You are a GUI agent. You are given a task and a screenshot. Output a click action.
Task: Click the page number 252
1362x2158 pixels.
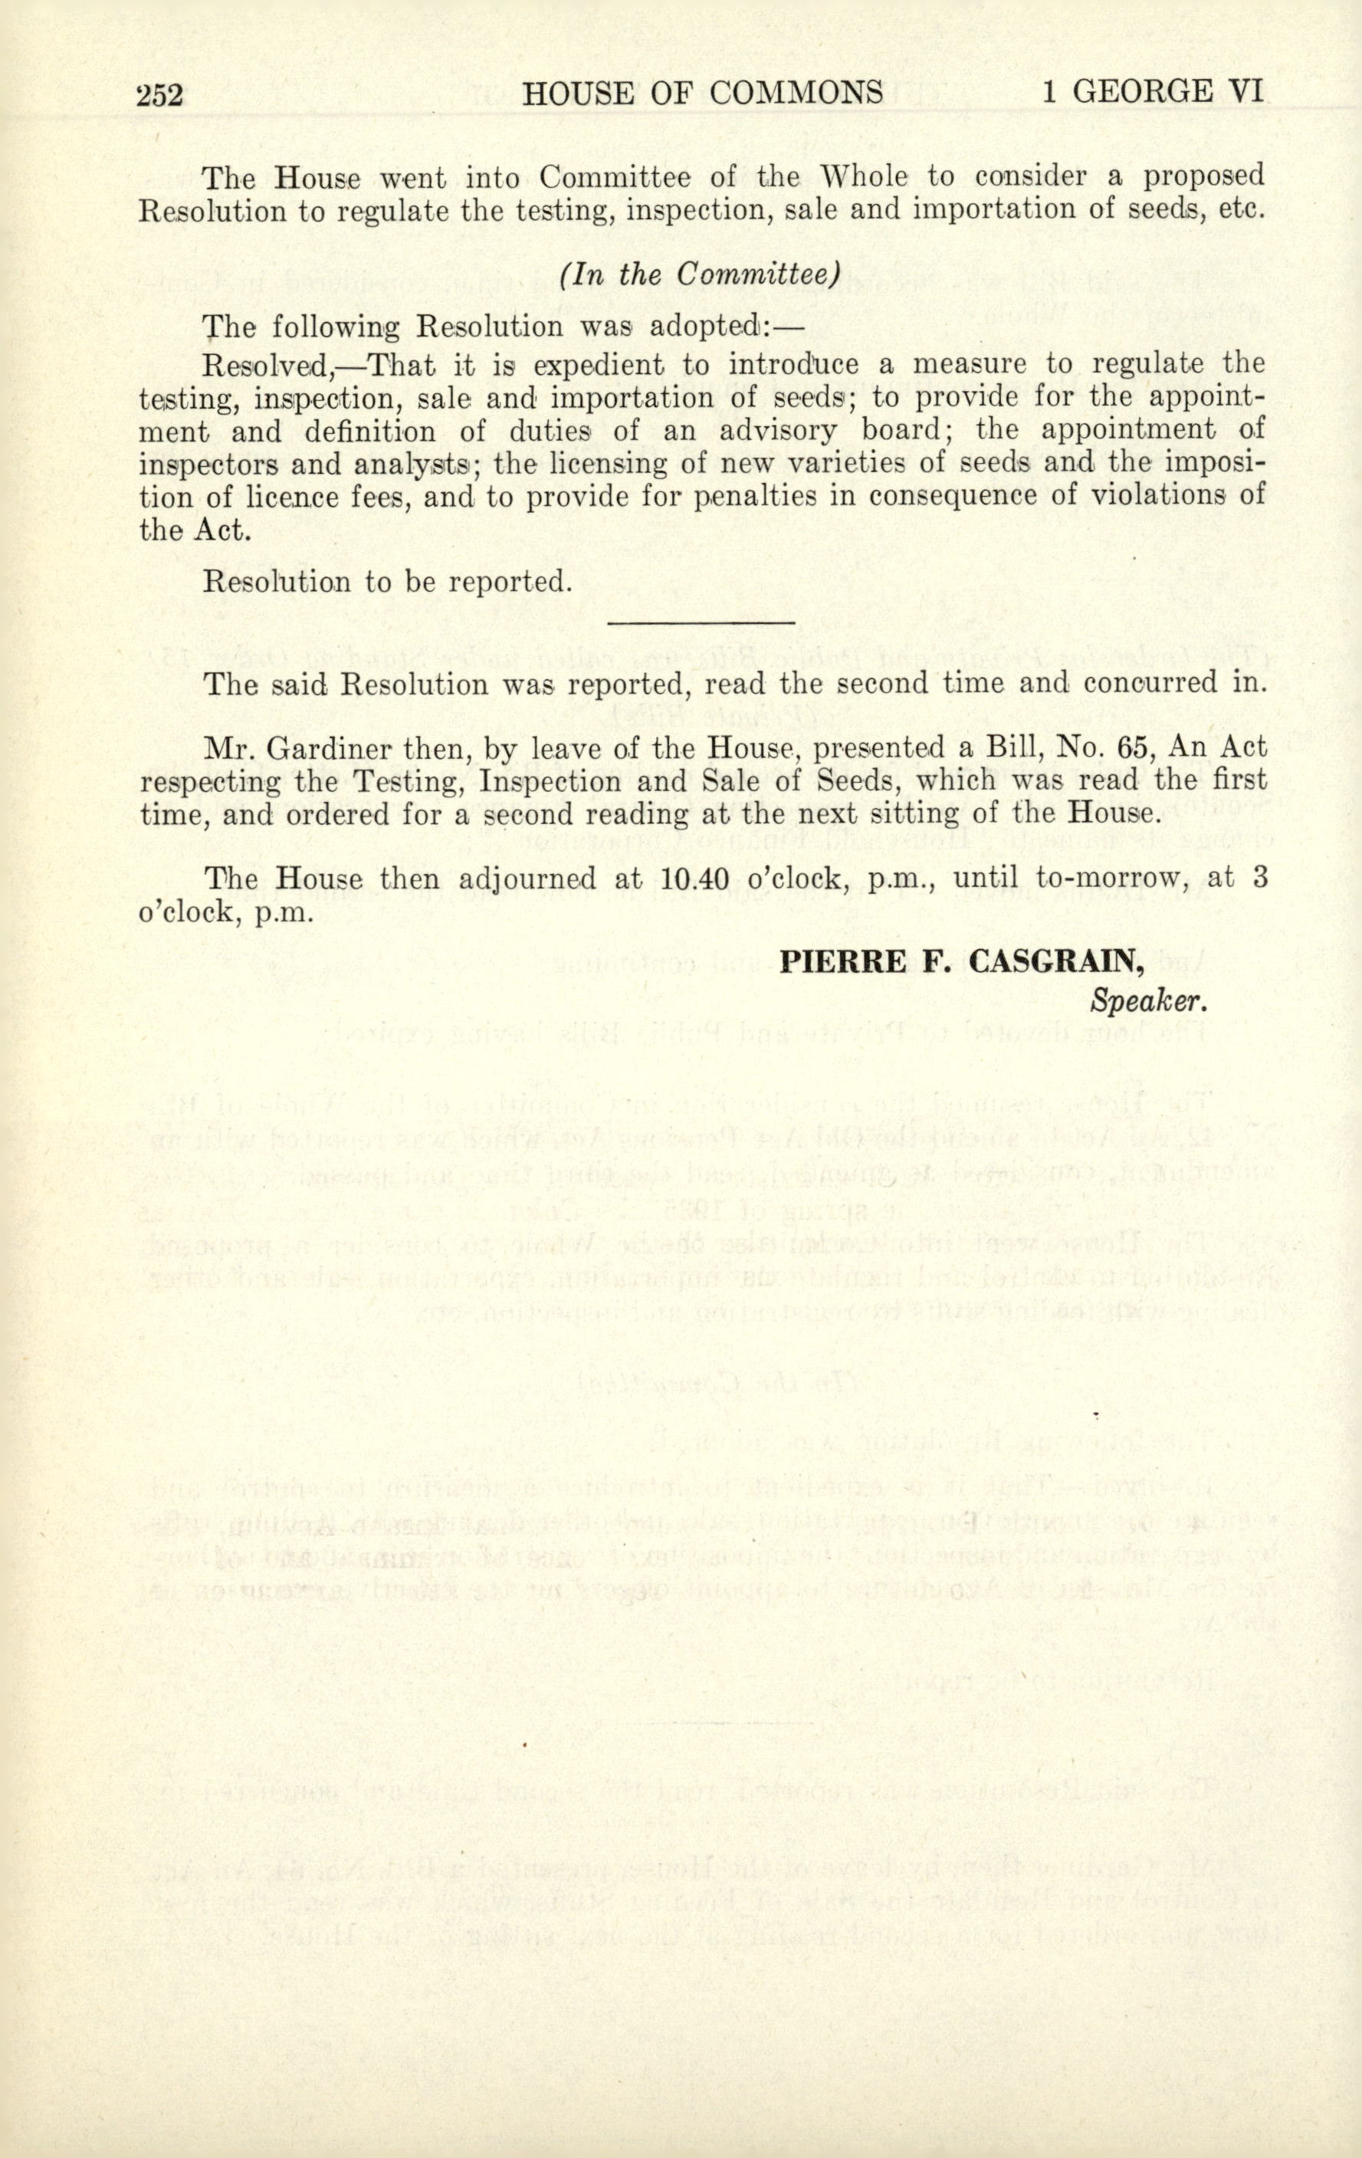click(x=159, y=94)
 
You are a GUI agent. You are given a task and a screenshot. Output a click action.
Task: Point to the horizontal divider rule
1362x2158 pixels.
click(x=701, y=620)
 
